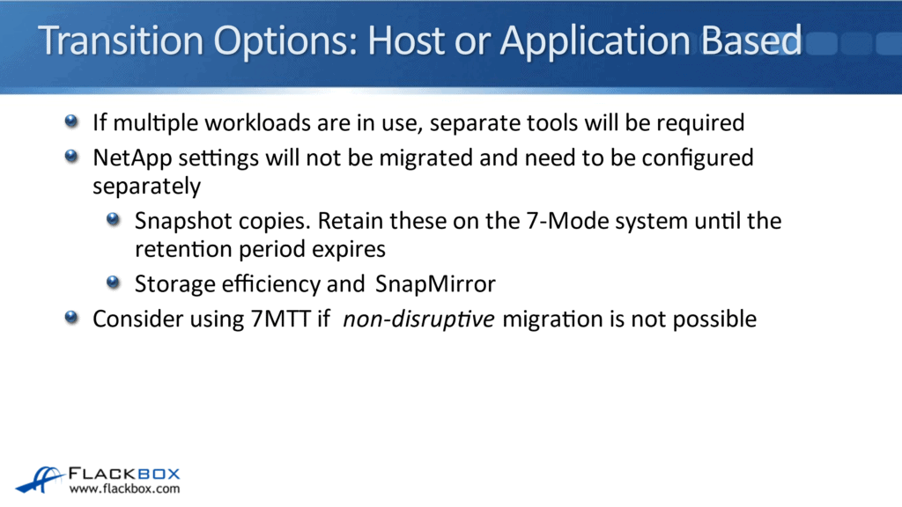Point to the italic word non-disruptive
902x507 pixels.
click(x=418, y=319)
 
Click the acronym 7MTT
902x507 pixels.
click(x=280, y=319)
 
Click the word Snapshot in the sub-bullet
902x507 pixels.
click(x=182, y=220)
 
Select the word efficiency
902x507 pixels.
click(x=264, y=283)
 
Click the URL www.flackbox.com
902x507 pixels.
click(x=124, y=489)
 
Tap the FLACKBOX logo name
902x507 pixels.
click(x=124, y=472)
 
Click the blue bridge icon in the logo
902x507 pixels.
click(x=39, y=478)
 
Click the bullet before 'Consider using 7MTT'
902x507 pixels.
click(x=71, y=318)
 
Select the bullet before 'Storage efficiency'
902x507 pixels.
click(x=114, y=283)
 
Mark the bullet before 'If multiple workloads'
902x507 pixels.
click(x=71, y=121)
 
